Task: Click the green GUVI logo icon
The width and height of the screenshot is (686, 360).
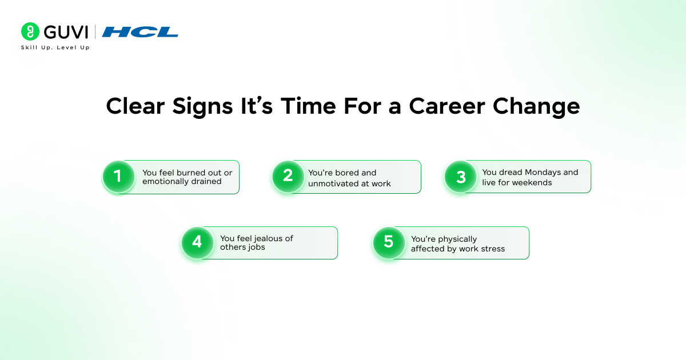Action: (30, 31)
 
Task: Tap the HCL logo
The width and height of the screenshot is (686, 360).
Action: (140, 32)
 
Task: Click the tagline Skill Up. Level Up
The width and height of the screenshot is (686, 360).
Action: (55, 47)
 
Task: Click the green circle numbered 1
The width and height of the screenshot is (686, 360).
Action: (118, 177)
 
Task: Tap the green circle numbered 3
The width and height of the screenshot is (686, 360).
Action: (461, 177)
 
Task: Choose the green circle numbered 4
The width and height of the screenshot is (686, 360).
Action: (197, 242)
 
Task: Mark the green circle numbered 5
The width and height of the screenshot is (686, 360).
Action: (389, 242)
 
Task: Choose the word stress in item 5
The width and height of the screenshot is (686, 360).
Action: (493, 249)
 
